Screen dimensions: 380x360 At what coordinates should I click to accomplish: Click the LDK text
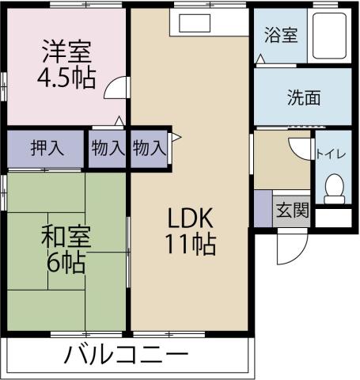coord(190,217)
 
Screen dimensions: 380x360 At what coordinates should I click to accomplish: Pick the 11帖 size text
coord(190,244)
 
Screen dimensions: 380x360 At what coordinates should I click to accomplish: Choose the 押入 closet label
coord(44,147)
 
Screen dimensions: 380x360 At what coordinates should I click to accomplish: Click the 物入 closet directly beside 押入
coord(108,147)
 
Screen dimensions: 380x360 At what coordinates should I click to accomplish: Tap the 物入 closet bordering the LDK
coord(149,147)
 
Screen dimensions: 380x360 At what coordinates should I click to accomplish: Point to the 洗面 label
coord(303,98)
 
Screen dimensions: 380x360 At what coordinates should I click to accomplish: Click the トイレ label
coord(332,154)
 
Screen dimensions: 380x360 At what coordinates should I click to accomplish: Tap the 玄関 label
coord(291,211)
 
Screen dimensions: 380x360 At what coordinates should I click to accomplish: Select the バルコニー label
coord(127,355)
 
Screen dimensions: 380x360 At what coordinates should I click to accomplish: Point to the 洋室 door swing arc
coord(116,87)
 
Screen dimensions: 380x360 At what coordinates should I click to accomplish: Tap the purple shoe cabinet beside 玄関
coord(262,208)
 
